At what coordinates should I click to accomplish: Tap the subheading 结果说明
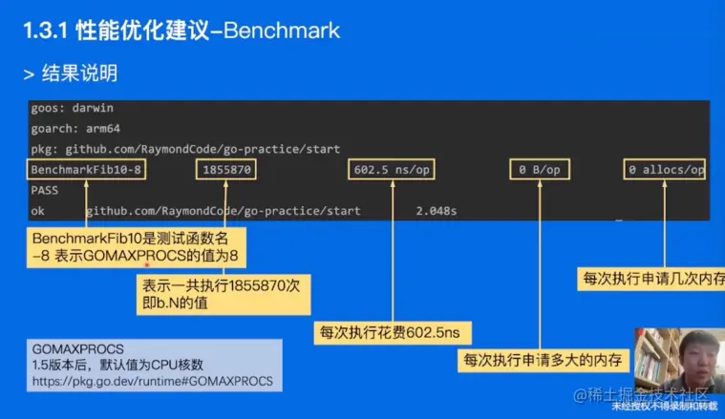(x=80, y=73)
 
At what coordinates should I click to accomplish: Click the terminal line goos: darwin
(x=73, y=108)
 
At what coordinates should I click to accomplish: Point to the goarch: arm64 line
(x=75, y=128)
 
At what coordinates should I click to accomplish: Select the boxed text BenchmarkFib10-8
(x=86, y=170)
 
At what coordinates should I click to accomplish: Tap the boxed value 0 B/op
(x=540, y=170)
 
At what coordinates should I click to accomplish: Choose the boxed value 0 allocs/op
(x=666, y=170)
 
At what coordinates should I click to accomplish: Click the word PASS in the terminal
(x=45, y=190)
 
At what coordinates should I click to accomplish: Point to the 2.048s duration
(x=437, y=210)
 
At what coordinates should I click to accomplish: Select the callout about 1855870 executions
(x=223, y=294)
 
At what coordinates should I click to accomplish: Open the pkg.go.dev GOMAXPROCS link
(x=152, y=381)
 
